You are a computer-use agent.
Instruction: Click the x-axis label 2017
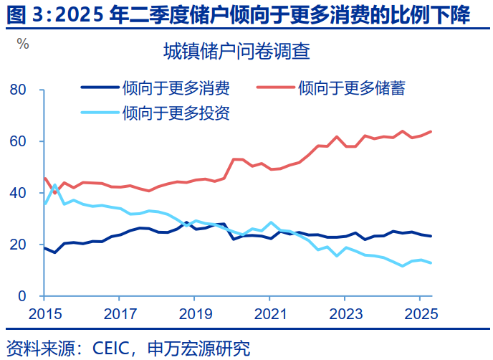(120, 314)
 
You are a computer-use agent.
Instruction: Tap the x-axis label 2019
(195, 314)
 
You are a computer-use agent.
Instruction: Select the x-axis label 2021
(269, 314)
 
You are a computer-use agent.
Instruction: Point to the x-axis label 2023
(345, 314)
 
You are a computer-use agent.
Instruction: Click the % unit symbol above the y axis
(23, 44)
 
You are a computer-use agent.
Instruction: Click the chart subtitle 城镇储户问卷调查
(236, 52)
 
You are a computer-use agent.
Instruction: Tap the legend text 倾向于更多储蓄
(351, 88)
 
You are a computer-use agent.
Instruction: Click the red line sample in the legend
(274, 88)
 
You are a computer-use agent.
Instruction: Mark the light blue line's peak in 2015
(54, 185)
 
